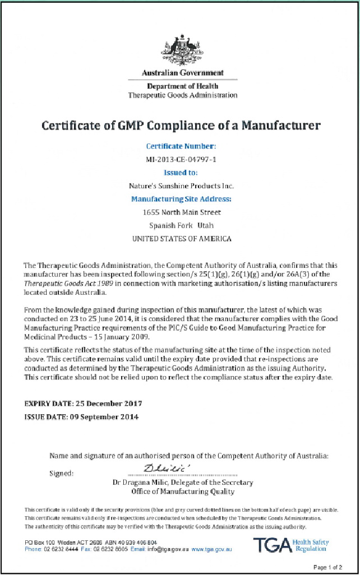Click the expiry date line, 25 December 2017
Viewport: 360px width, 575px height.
point(83,404)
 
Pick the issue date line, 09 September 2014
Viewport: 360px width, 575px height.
point(81,417)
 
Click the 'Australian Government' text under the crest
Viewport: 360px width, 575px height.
point(183,73)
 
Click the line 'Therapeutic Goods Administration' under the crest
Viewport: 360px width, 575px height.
point(183,95)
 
